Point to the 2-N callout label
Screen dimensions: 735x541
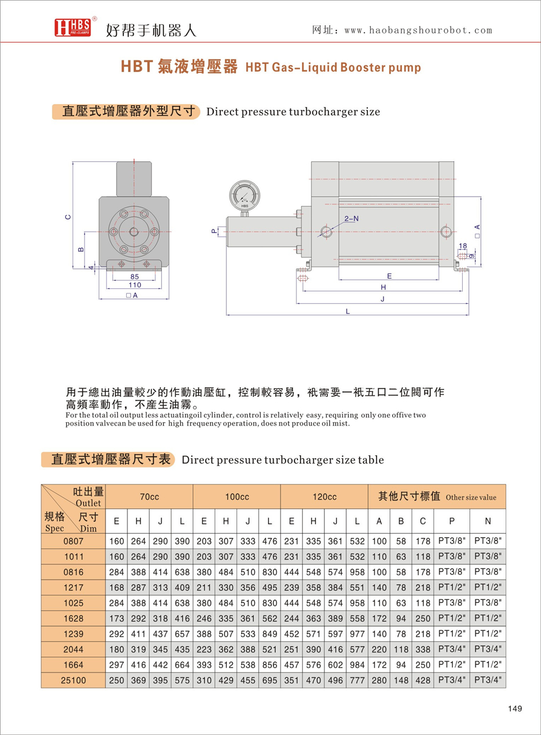(352, 218)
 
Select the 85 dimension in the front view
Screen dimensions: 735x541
(134, 276)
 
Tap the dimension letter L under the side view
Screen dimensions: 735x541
(347, 311)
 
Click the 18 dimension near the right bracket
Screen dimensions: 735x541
(463, 246)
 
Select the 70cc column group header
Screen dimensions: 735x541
(150, 497)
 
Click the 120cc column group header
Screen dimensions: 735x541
(324, 497)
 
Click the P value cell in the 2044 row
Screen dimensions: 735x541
(451, 650)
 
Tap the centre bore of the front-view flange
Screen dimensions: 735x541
(134, 231)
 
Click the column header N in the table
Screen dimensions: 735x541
(487, 521)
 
